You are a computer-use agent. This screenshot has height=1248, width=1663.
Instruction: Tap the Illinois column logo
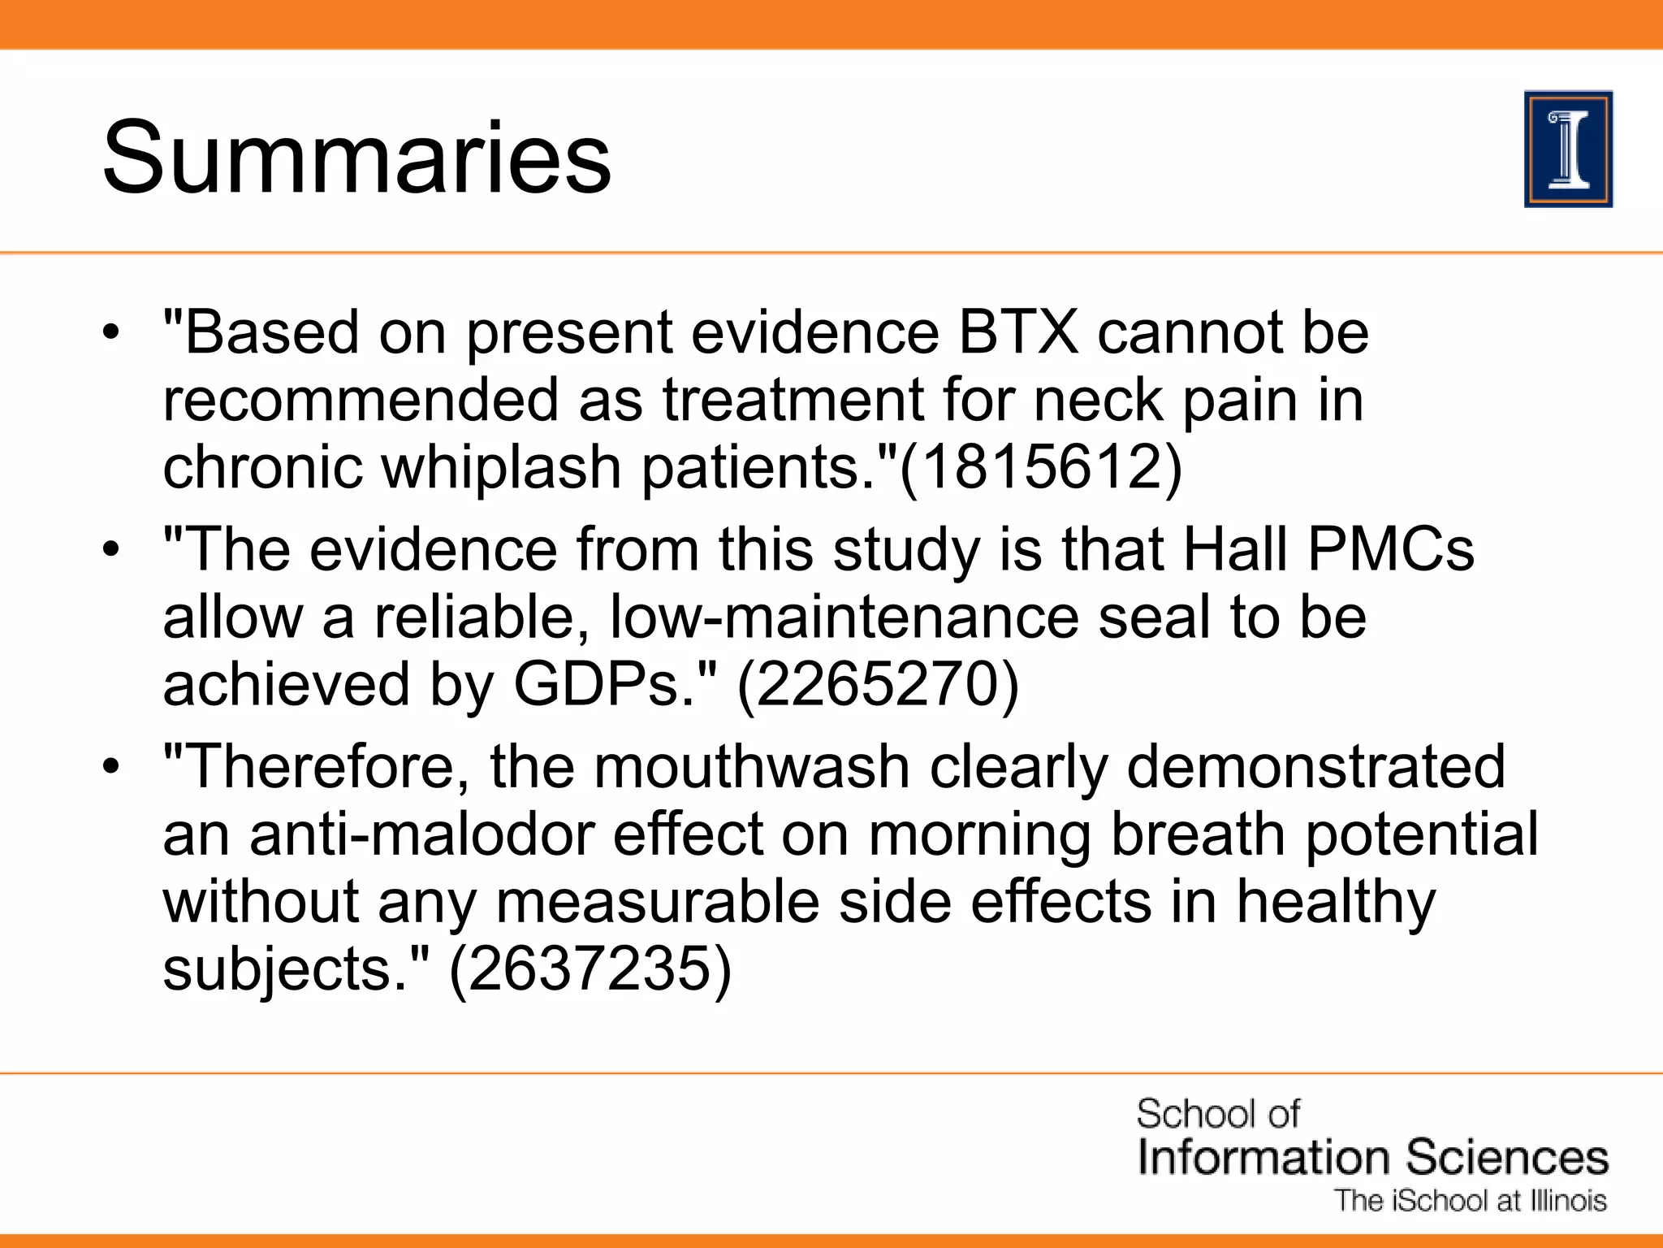(1568, 149)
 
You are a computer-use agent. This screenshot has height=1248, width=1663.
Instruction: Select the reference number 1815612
(1041, 467)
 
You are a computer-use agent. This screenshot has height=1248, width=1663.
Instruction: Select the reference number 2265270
(877, 684)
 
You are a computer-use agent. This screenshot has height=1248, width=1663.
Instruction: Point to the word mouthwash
(752, 767)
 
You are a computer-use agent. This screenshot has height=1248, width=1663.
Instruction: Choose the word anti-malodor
(421, 834)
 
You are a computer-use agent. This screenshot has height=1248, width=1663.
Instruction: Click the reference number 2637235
(590, 968)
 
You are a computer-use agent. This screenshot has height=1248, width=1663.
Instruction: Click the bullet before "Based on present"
(111, 332)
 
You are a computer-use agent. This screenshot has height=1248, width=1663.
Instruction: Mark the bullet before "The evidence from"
(111, 550)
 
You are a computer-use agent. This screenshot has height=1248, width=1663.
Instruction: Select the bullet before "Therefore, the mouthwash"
(111, 767)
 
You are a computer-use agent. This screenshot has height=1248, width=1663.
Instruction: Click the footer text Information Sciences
(1372, 1157)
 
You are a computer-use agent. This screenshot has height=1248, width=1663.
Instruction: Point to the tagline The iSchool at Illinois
(1471, 1201)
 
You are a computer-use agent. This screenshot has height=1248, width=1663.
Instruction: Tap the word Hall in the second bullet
(1235, 550)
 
